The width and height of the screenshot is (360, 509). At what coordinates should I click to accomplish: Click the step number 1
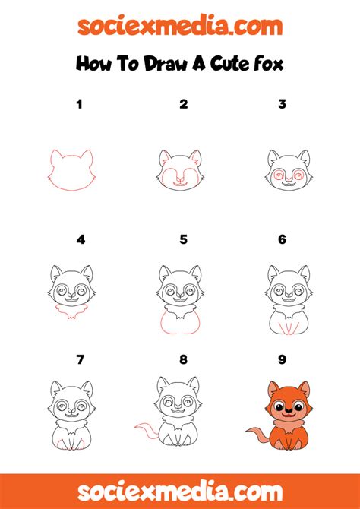78,104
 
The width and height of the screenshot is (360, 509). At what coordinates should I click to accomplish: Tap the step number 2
183,104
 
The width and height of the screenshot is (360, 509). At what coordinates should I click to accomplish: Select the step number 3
282,104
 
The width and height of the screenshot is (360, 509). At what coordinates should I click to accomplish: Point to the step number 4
81,239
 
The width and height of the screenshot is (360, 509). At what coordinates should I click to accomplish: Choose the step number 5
183,239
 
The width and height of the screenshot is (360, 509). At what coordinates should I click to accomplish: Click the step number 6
282,239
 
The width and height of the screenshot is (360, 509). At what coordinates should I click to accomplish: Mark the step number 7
80,359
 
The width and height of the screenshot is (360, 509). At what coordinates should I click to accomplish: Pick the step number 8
183,359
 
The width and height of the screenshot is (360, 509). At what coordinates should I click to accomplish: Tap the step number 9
282,359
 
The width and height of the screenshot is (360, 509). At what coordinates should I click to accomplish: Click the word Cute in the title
220,64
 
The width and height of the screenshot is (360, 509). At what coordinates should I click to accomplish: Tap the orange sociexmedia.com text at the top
180,27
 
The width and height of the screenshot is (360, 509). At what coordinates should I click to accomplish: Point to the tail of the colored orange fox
255,434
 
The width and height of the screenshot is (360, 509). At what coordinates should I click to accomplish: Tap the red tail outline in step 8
144,434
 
